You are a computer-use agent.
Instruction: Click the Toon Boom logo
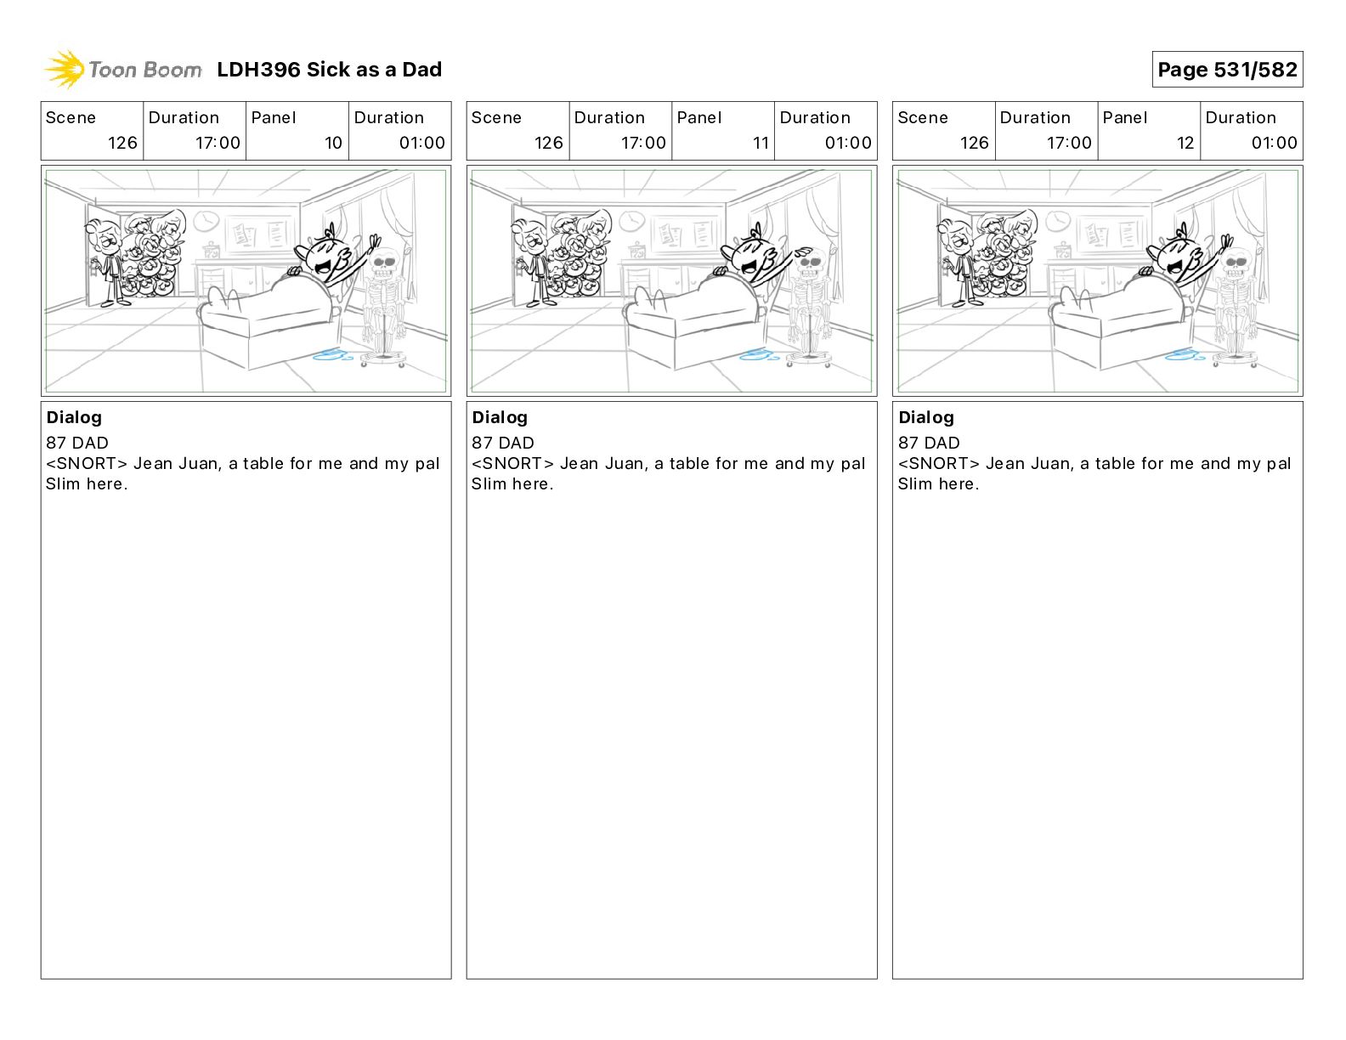pyautogui.click(x=122, y=70)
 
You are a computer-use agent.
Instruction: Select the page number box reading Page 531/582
pyautogui.click(x=1227, y=70)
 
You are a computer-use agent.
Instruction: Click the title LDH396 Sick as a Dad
pyautogui.click(x=329, y=70)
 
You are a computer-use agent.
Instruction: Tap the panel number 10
pyautogui.click(x=333, y=143)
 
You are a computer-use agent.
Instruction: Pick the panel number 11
pyautogui.click(x=760, y=143)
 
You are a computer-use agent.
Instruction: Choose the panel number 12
pyautogui.click(x=1185, y=143)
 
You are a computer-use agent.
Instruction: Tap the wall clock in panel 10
pyautogui.click(x=206, y=220)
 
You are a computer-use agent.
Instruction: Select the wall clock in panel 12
pyautogui.click(x=1058, y=220)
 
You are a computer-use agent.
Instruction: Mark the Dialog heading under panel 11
pyautogui.click(x=500, y=417)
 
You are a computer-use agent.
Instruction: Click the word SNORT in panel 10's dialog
pyautogui.click(x=86, y=463)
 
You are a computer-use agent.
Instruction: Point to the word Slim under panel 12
pyautogui.click(x=915, y=483)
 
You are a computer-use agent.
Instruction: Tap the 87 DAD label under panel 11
pyautogui.click(x=502, y=443)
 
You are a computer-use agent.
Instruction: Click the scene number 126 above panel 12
pyautogui.click(x=975, y=143)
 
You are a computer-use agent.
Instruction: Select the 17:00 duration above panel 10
pyautogui.click(x=218, y=143)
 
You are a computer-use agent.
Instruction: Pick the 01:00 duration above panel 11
pyautogui.click(x=848, y=143)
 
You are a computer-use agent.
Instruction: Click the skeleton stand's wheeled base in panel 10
pyautogui.click(x=383, y=360)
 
